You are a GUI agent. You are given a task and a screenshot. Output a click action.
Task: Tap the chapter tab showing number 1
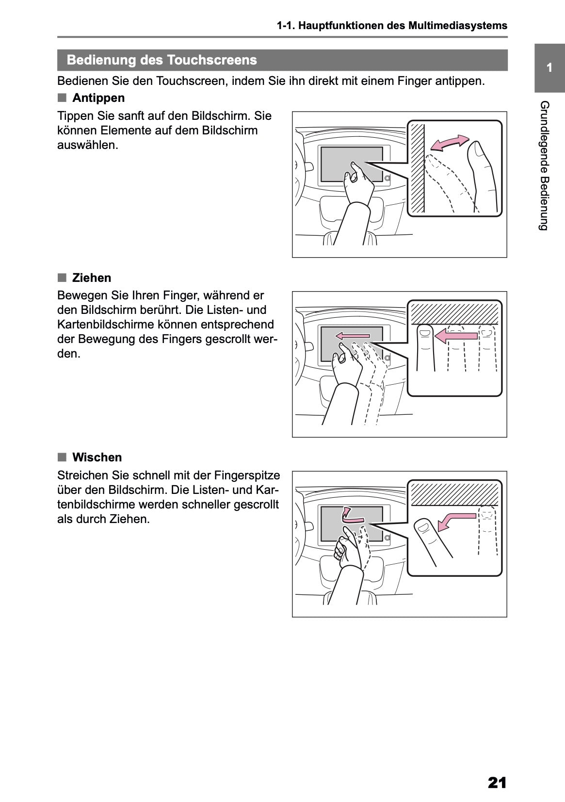549,68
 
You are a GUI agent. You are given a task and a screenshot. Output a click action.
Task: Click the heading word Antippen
98,98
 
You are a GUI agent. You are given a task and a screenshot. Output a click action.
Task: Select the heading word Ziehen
92,278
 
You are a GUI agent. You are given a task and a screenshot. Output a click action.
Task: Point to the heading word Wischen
97,458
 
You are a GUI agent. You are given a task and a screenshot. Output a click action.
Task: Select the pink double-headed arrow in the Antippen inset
450,143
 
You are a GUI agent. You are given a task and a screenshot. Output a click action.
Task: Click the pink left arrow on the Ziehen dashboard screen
353,335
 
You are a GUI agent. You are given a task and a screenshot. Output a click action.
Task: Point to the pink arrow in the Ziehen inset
455,335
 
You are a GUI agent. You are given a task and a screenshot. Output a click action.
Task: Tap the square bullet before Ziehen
62,278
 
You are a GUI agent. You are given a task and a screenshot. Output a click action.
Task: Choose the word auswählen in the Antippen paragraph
88,145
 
